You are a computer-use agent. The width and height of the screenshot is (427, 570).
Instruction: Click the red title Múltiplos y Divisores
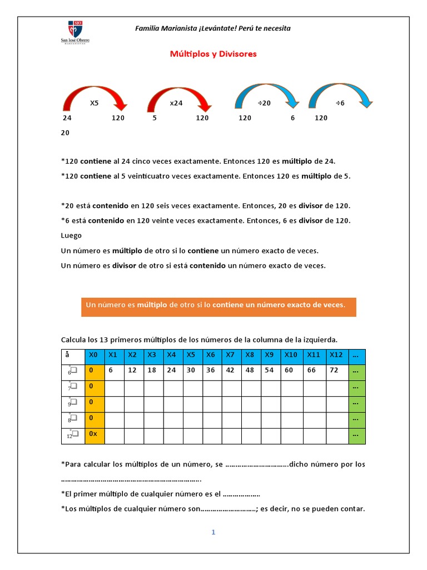click(x=213, y=54)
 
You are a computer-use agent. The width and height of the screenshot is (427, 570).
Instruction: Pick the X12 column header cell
click(x=336, y=355)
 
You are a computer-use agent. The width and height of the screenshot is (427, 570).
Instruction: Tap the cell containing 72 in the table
click(x=336, y=370)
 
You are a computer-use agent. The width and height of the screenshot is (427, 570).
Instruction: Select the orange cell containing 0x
click(x=94, y=434)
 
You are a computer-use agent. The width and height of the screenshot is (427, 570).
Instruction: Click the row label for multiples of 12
click(x=72, y=434)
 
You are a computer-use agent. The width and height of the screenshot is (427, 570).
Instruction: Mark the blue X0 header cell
click(x=94, y=355)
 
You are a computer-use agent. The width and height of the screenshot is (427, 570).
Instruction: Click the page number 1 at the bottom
click(x=213, y=532)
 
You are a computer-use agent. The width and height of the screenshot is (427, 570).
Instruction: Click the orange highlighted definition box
click(x=219, y=306)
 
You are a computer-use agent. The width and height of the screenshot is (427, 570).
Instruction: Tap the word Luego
click(x=71, y=235)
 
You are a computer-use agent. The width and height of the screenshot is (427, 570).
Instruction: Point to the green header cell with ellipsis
click(x=357, y=355)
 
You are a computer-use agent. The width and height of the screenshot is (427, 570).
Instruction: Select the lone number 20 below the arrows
click(x=65, y=133)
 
